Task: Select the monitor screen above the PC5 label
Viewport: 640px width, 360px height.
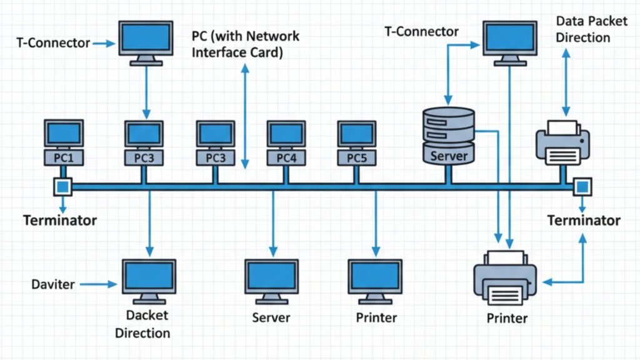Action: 357,133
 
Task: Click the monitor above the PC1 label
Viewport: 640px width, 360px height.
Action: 63,133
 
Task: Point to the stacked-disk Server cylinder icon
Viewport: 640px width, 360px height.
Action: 449,135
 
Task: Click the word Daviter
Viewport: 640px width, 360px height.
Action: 53,284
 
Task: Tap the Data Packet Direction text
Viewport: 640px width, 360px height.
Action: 582,29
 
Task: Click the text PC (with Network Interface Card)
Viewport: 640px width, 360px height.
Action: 245,44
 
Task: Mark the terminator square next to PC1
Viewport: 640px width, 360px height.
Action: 63,186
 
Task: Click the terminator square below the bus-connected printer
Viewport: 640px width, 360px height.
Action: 582,186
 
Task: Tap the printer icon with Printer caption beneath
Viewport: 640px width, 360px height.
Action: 506,277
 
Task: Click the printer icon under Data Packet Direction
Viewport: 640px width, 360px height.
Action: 562,142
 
